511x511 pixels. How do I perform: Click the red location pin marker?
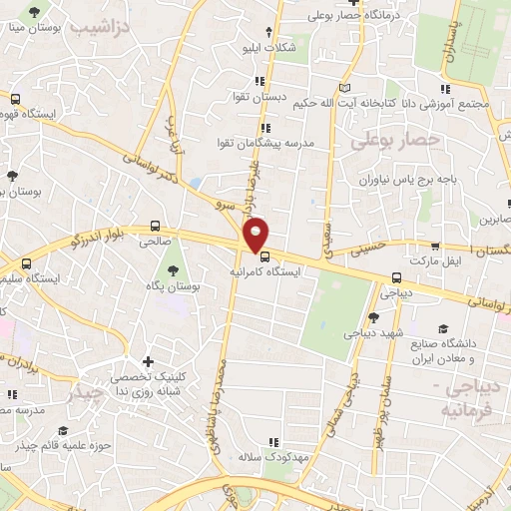pos(256,234)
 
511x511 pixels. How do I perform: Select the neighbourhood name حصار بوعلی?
pos(395,142)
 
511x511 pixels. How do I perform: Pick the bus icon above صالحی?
pos(155,226)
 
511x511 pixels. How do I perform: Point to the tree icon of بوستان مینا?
pos(35,13)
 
